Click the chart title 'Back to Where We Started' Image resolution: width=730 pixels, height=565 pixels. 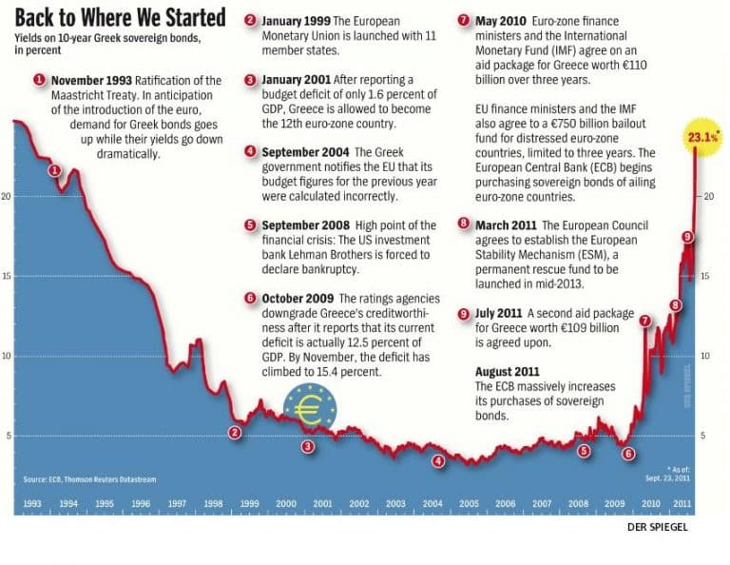(119, 18)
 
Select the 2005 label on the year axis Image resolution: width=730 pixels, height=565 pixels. (469, 503)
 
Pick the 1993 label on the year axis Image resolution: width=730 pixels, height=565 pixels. (32, 503)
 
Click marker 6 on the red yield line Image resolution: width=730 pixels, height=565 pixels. (628, 453)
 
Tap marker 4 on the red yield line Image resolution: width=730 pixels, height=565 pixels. (438, 461)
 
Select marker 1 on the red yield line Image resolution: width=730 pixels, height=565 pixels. (54, 170)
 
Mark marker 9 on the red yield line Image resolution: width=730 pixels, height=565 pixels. (687, 236)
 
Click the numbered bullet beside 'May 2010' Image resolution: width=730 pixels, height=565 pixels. (463, 20)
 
